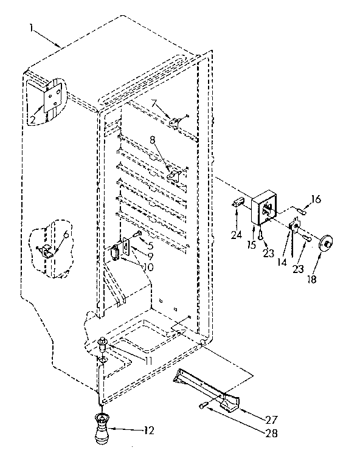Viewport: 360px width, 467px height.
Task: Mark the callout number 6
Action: click(x=66, y=234)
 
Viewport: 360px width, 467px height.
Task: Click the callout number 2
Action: click(x=32, y=119)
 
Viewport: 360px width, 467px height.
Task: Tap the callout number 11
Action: click(x=148, y=361)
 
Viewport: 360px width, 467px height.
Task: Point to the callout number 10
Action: click(x=148, y=266)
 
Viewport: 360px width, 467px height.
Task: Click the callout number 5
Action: click(x=150, y=246)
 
